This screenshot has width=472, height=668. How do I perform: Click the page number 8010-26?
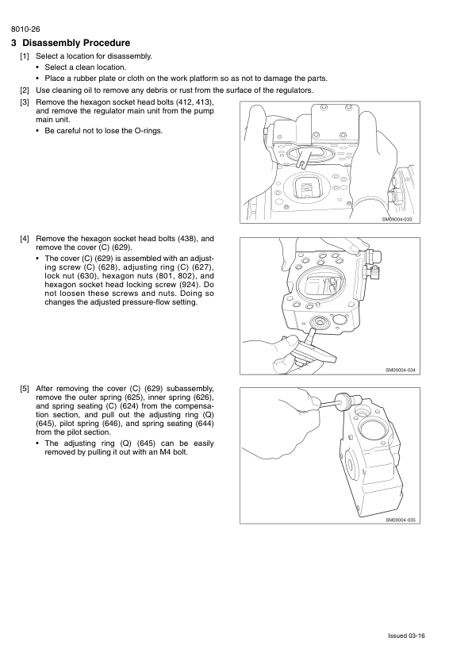(25, 29)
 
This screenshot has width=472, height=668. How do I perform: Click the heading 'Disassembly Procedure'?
(76, 43)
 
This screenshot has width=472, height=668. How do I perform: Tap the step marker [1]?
(25, 56)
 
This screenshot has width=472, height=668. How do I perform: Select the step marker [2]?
(25, 90)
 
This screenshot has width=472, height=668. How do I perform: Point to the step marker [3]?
(25, 102)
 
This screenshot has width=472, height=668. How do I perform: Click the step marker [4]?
(25, 239)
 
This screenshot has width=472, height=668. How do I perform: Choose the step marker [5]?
(25, 389)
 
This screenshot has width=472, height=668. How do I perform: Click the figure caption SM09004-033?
(397, 220)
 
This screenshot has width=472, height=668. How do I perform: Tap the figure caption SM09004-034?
(401, 370)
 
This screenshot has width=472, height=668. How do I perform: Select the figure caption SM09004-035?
(401, 520)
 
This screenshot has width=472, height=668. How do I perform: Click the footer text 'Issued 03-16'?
(406, 635)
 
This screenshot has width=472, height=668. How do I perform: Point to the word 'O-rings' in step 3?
(148, 131)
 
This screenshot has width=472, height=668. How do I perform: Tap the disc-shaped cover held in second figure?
(315, 348)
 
